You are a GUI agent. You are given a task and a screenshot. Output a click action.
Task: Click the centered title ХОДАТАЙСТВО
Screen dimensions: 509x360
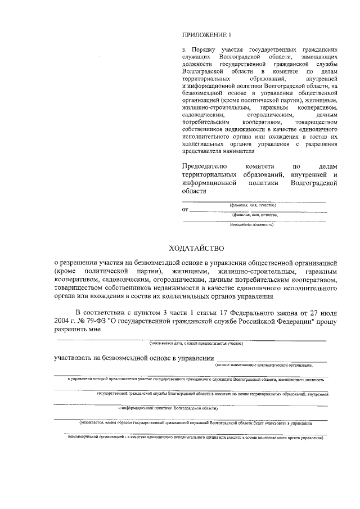(196, 248)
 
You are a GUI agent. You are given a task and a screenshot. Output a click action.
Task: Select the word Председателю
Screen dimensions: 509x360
(205, 166)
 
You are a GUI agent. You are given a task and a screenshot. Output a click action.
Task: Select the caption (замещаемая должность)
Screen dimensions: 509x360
(251, 224)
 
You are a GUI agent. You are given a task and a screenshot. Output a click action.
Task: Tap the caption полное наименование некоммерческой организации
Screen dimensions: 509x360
(264, 366)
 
